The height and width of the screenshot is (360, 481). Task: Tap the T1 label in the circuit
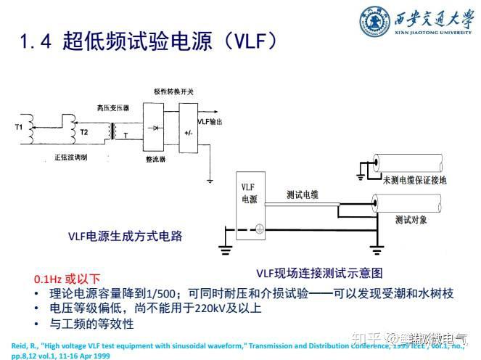click(x=20, y=128)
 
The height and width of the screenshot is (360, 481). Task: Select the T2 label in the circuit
click(x=85, y=132)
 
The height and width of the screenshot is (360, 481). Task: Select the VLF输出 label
click(x=211, y=122)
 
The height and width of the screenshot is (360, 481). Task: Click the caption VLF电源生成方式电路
click(x=125, y=236)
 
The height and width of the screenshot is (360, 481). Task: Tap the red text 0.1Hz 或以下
click(x=67, y=279)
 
